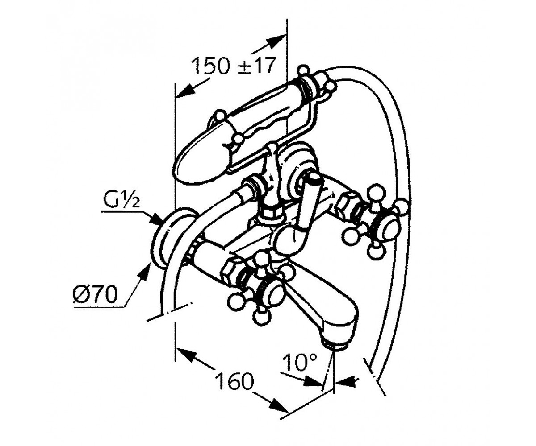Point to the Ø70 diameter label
click(x=95, y=294)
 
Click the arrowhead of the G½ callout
click(x=156, y=219)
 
